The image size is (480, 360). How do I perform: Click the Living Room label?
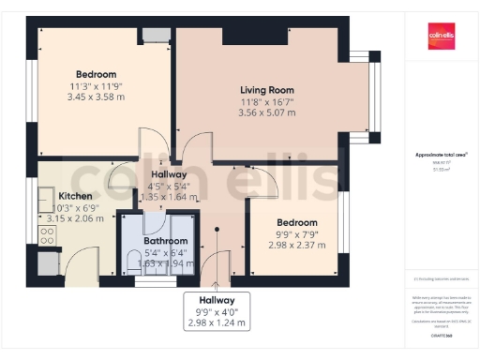[x=267, y=90]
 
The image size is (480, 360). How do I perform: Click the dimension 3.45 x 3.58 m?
[x=96, y=97]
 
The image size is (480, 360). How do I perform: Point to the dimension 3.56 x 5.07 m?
[x=267, y=112]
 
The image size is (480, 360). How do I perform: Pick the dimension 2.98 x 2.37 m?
[x=295, y=246]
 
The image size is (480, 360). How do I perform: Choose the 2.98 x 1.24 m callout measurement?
[x=216, y=323]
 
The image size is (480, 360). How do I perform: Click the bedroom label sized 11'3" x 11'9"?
[x=96, y=75]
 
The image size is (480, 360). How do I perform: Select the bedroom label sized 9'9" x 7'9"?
[x=295, y=223]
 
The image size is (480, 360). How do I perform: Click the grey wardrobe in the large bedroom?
[x=157, y=35]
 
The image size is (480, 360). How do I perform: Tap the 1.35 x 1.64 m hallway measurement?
[x=169, y=198]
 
